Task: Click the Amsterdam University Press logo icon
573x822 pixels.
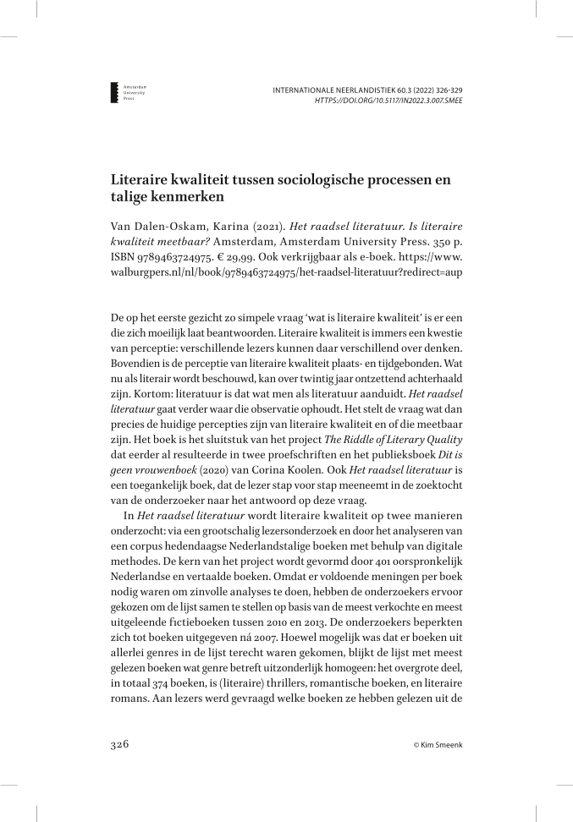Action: coord(116,93)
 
